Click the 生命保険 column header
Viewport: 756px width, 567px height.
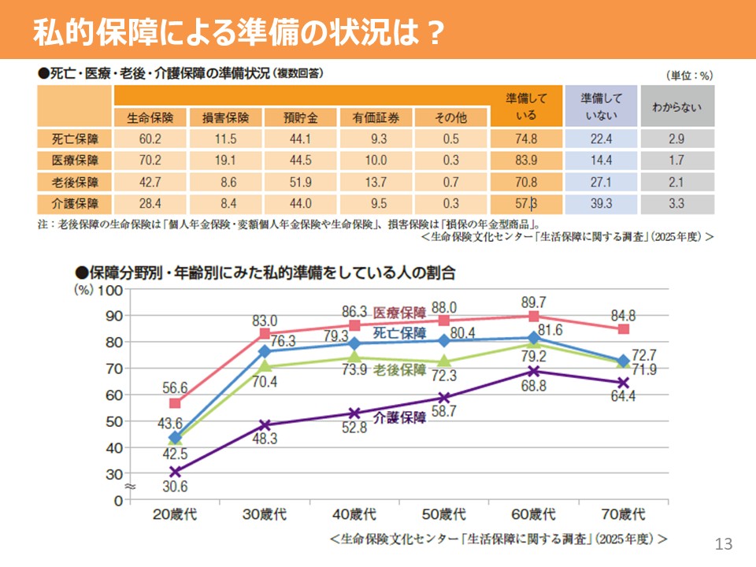[150, 118]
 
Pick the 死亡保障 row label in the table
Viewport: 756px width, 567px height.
[74, 139]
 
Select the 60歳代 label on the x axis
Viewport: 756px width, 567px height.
[533, 515]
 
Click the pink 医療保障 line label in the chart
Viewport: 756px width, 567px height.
[399, 312]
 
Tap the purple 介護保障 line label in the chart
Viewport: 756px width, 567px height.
[398, 419]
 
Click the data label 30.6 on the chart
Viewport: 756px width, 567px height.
[175, 487]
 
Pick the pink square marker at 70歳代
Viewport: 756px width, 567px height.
[624, 329]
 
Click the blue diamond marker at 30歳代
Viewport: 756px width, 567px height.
[265, 350]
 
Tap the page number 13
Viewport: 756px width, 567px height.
[724, 543]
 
